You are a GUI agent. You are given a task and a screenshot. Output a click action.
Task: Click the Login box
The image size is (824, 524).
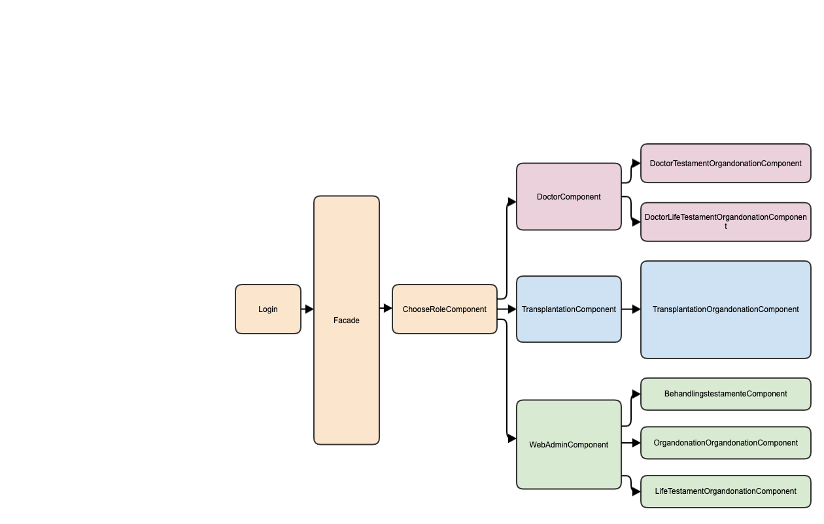[267, 309]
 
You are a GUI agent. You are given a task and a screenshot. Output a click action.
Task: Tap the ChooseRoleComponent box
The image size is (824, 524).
[444, 309]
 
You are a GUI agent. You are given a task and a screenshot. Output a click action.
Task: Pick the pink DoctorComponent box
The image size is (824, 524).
[568, 196]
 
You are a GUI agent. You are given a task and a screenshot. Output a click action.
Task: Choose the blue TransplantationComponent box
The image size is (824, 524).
[568, 309]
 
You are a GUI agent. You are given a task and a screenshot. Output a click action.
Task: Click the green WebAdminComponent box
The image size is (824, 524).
[568, 444]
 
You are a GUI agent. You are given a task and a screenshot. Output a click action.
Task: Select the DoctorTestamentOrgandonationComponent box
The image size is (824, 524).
[725, 163]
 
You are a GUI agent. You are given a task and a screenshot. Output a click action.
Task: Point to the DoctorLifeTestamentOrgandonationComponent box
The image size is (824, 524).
[725, 222]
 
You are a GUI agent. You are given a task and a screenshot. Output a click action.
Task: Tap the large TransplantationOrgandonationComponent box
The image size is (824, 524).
[725, 309]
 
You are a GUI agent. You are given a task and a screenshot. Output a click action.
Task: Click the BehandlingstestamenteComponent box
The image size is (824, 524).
[725, 394]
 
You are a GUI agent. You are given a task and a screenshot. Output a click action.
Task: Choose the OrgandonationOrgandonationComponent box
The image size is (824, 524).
[725, 443]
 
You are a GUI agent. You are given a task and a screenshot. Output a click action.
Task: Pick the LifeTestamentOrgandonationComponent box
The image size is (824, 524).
[725, 491]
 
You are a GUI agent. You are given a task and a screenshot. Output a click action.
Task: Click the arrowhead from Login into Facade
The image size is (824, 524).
[309, 309]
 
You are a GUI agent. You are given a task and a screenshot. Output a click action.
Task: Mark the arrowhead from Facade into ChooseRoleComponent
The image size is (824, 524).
[388, 309]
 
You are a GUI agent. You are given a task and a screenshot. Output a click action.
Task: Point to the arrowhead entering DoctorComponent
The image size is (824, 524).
[512, 201]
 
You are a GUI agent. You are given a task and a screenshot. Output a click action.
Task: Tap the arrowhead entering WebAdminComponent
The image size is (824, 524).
[512, 438]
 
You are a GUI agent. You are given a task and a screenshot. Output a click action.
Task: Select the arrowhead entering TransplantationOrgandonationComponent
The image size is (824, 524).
[636, 309]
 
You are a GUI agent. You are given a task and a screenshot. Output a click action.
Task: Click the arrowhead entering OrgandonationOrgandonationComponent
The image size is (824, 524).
[636, 443]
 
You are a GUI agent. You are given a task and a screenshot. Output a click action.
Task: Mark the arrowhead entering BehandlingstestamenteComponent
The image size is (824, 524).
[636, 394]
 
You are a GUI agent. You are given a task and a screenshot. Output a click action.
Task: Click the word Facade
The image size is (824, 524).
[346, 321]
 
